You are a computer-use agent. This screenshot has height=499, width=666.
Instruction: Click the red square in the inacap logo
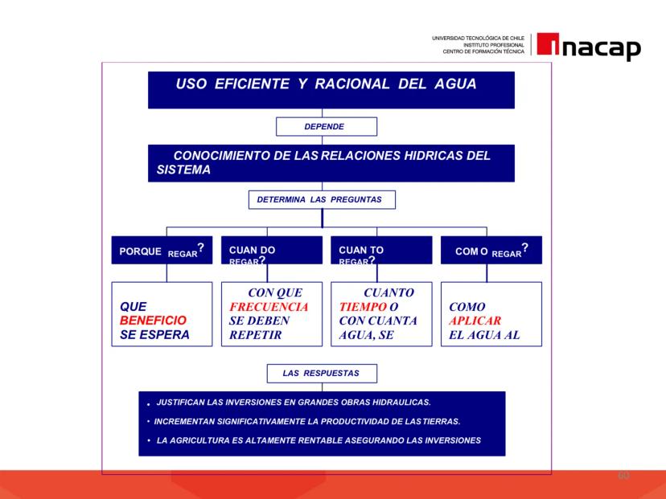(x=548, y=43)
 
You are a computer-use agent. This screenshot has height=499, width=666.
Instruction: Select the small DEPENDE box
(x=327, y=126)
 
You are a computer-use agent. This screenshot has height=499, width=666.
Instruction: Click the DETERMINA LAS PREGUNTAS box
(x=322, y=199)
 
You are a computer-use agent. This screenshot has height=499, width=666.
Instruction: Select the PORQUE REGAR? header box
(x=162, y=250)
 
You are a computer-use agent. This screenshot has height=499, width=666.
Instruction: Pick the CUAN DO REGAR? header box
(x=272, y=250)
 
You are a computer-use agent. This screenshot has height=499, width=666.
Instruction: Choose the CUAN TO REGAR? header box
(x=381, y=250)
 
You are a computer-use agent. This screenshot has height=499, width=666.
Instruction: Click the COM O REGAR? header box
(x=491, y=250)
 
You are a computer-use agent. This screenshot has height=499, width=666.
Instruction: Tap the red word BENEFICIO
(x=153, y=321)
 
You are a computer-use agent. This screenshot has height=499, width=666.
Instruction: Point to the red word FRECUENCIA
(x=269, y=307)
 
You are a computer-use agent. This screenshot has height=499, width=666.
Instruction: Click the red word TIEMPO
(x=363, y=307)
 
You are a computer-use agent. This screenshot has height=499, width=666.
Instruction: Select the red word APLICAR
(x=475, y=321)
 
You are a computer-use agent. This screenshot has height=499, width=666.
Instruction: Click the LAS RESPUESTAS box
(x=322, y=374)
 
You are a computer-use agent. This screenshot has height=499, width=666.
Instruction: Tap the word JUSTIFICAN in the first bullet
(x=180, y=403)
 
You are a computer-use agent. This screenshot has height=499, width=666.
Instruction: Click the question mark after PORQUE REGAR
(x=201, y=247)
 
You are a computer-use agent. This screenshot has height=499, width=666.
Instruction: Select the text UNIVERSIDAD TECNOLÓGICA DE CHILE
(x=479, y=39)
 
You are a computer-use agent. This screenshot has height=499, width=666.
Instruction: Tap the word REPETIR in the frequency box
(x=255, y=335)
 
